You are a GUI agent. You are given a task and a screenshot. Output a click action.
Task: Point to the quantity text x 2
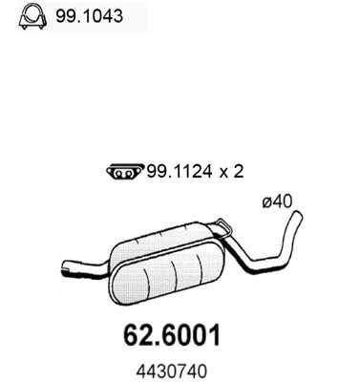pos(221,172)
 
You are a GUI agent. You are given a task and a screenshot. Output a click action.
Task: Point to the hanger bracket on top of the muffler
pos(222,226)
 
